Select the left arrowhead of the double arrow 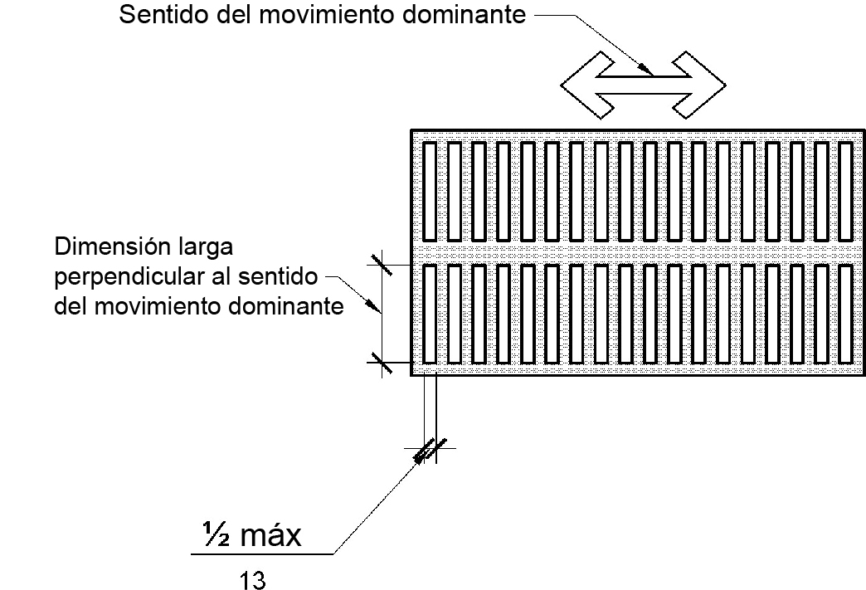pyautogui.click(x=584, y=82)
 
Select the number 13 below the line pyautogui.click(x=252, y=578)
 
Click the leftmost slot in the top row pyautogui.click(x=430, y=190)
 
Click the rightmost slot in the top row pyautogui.click(x=845, y=190)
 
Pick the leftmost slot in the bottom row pyautogui.click(x=430, y=313)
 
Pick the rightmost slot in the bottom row pyautogui.click(x=845, y=313)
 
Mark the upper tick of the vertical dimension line pyautogui.click(x=381, y=265)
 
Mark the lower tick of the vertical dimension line pyautogui.click(x=381, y=363)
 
